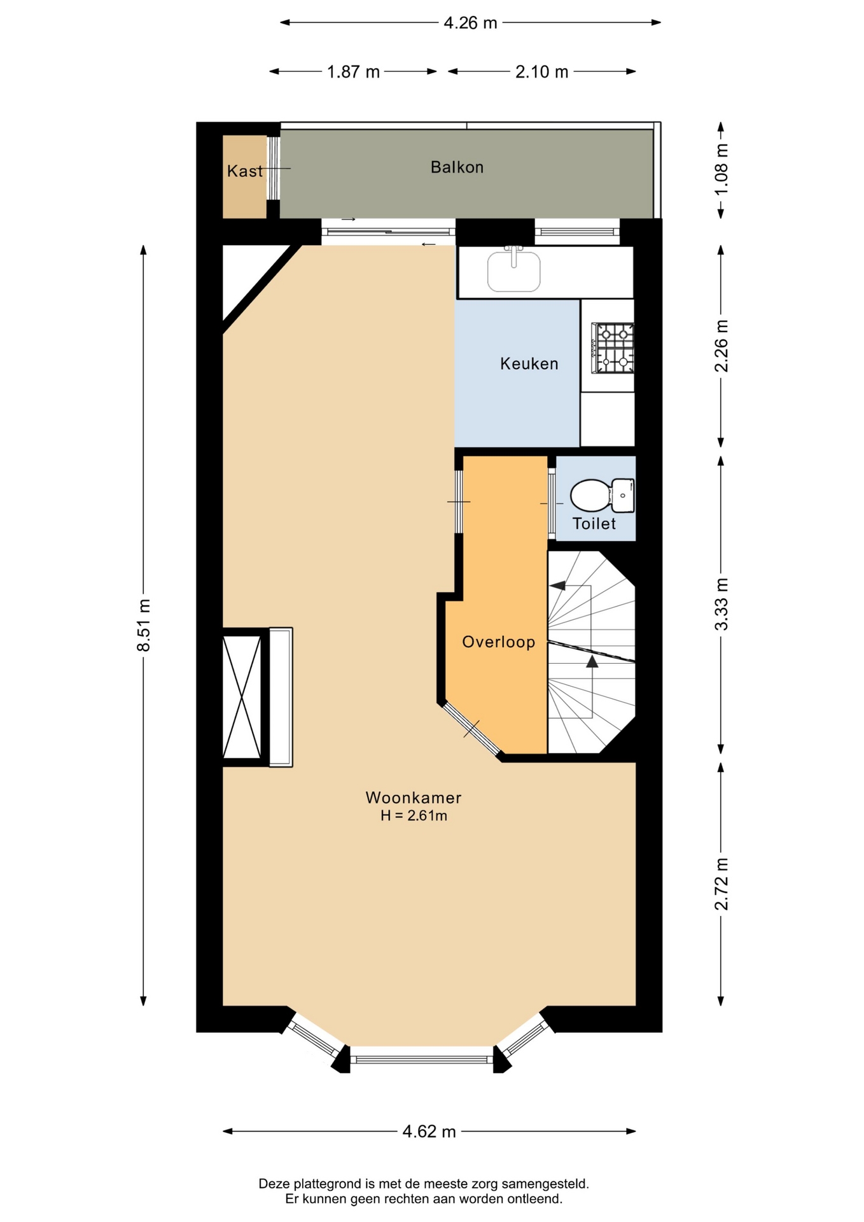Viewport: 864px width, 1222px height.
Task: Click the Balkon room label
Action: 457,167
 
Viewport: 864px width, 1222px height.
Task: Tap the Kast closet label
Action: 245,171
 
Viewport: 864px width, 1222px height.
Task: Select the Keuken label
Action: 529,364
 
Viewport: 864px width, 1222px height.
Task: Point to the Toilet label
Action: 594,524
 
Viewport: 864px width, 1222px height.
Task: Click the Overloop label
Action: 499,642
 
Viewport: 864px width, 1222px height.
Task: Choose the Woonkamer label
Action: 414,797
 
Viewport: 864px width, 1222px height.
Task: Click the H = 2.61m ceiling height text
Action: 414,816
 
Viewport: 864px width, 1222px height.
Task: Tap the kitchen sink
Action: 514,270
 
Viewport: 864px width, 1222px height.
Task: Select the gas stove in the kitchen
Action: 613,348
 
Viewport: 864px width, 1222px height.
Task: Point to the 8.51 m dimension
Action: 144,626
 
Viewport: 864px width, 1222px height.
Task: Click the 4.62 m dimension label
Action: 429,1131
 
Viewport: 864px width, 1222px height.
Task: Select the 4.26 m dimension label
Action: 470,23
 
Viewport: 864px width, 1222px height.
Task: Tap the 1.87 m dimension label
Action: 353,72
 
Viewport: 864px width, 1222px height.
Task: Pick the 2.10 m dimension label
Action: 541,72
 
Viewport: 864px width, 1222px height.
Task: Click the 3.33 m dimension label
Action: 721,604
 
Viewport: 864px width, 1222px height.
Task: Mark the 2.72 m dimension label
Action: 721,884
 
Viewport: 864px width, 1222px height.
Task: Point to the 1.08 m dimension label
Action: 721,171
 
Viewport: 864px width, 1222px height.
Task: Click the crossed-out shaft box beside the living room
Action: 242,697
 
